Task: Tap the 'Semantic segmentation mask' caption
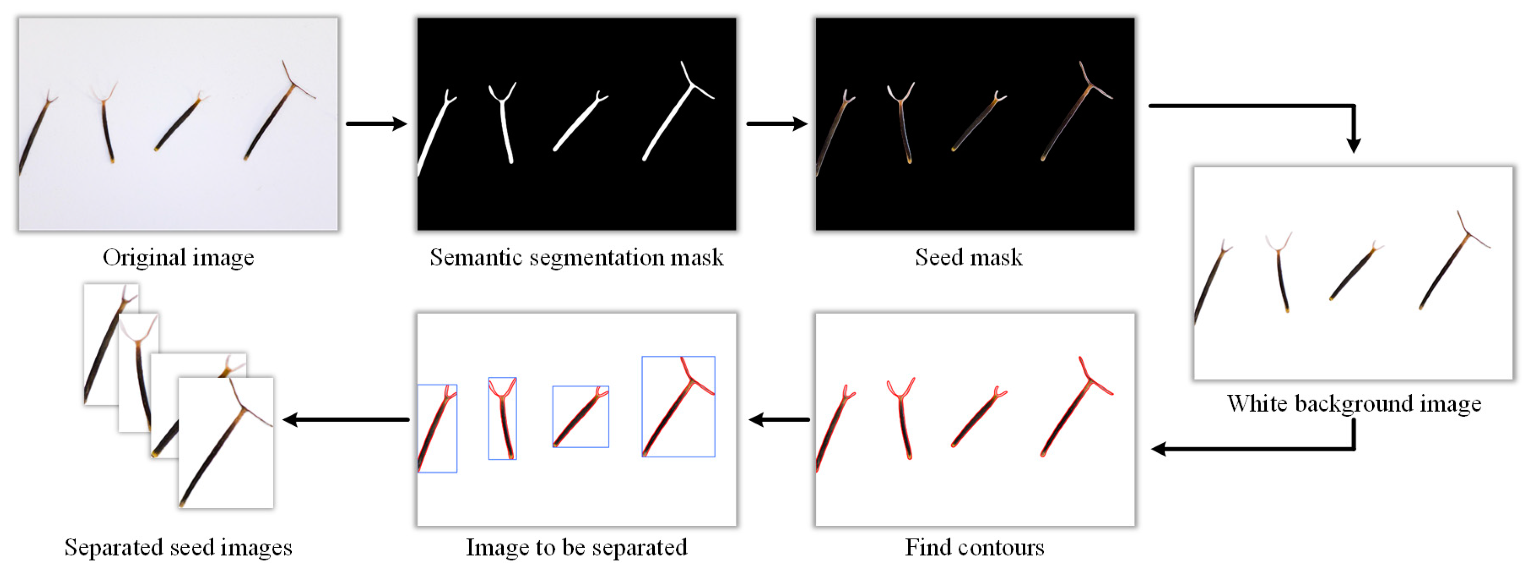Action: (576, 258)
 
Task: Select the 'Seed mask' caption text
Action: (968, 258)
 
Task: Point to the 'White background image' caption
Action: (1354, 404)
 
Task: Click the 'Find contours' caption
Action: (974, 547)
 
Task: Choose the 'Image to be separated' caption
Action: (576, 547)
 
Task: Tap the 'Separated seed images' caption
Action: (178, 547)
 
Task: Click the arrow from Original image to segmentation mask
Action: (376, 124)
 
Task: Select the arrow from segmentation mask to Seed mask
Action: (776, 124)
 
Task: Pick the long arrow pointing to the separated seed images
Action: (346, 420)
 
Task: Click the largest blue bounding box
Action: (678, 407)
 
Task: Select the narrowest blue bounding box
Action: (502, 418)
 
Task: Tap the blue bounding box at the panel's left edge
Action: (438, 428)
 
